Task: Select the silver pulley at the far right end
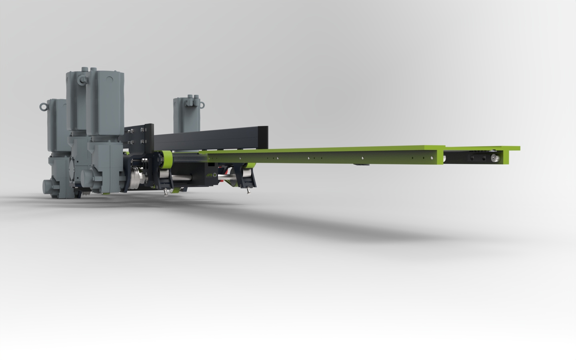pos(494,158)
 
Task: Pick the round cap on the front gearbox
pos(86,175)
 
